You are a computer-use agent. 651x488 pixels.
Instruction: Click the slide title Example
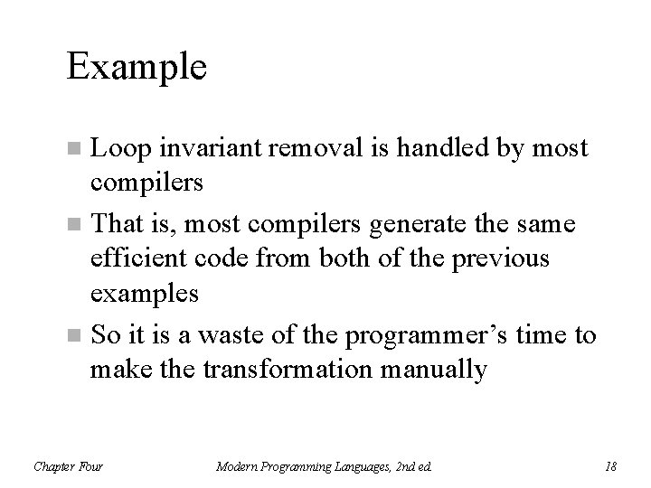tap(137, 67)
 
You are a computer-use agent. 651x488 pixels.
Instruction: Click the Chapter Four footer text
tap(68, 466)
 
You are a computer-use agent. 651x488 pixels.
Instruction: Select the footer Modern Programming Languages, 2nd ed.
tap(325, 466)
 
